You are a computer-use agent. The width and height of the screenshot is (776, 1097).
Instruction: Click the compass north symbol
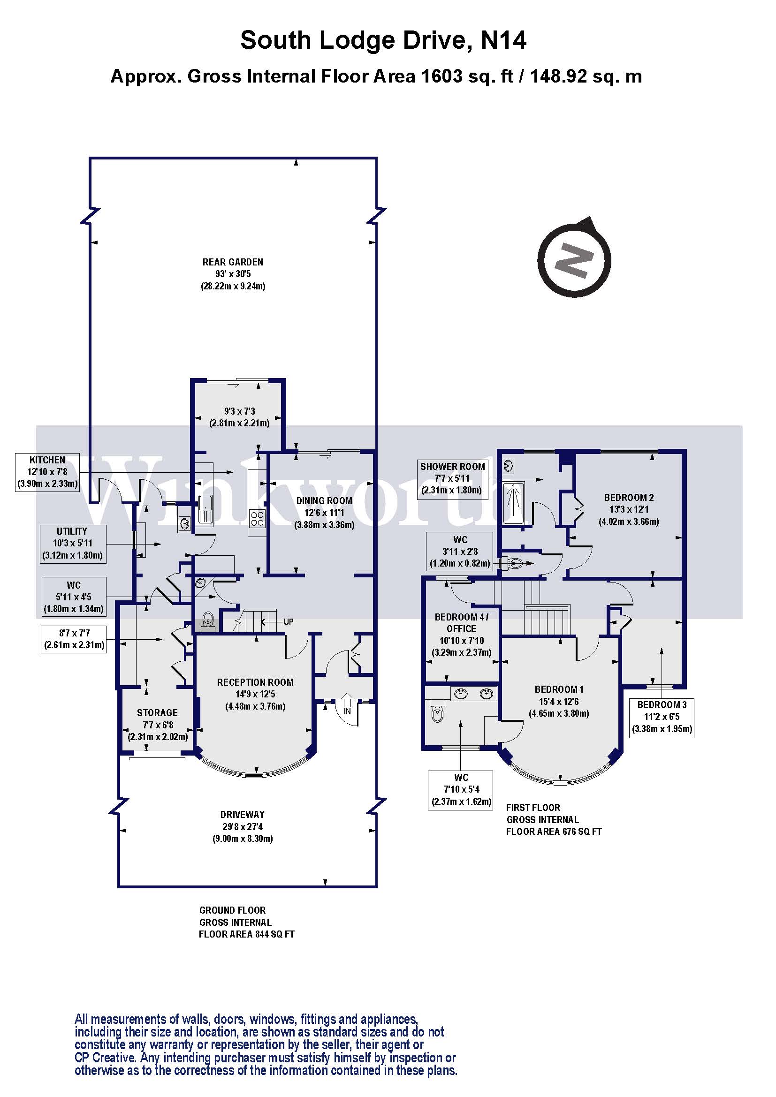coord(574,261)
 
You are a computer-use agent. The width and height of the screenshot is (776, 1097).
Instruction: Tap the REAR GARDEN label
coord(233,262)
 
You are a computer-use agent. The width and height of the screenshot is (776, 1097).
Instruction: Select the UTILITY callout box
coord(72,544)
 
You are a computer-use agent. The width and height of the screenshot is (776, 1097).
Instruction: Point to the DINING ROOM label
coord(324,501)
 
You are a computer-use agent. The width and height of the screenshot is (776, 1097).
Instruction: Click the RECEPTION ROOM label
coord(255,682)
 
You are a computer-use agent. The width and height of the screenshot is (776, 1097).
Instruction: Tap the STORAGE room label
coord(157,713)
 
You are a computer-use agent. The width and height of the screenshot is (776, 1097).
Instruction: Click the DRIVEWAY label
coord(242,815)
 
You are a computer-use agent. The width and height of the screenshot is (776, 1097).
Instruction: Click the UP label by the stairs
coord(289,621)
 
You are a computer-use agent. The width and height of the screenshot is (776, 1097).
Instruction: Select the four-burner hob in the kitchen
coord(257,518)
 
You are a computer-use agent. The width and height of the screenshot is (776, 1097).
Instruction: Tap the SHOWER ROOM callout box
coord(452,478)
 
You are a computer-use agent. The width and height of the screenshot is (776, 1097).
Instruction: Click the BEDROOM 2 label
coord(629,497)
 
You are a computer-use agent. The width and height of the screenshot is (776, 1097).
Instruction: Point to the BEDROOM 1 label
coord(559,689)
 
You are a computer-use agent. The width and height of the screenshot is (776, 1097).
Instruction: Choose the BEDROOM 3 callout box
coord(662,717)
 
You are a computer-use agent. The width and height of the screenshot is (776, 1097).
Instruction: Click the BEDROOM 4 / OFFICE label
coord(461,623)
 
